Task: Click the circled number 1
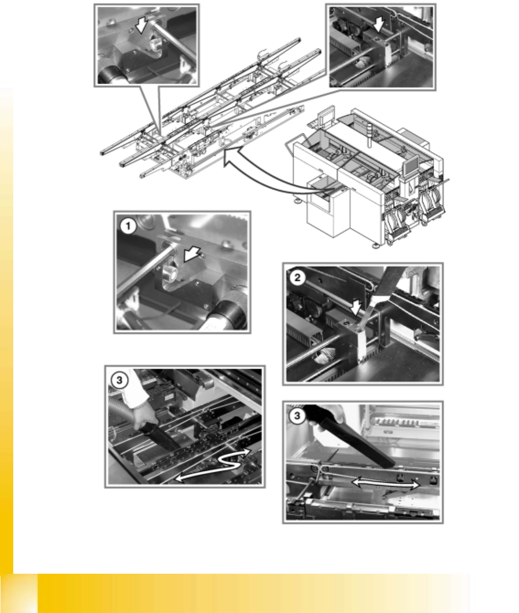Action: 128,226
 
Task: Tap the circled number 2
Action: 297,278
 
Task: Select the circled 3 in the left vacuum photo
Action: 119,380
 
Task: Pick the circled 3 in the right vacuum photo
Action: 297,416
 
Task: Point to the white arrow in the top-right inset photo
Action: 379,24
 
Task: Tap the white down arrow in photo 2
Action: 355,307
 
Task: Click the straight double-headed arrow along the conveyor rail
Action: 386,484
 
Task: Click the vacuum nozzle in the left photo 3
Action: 159,435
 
